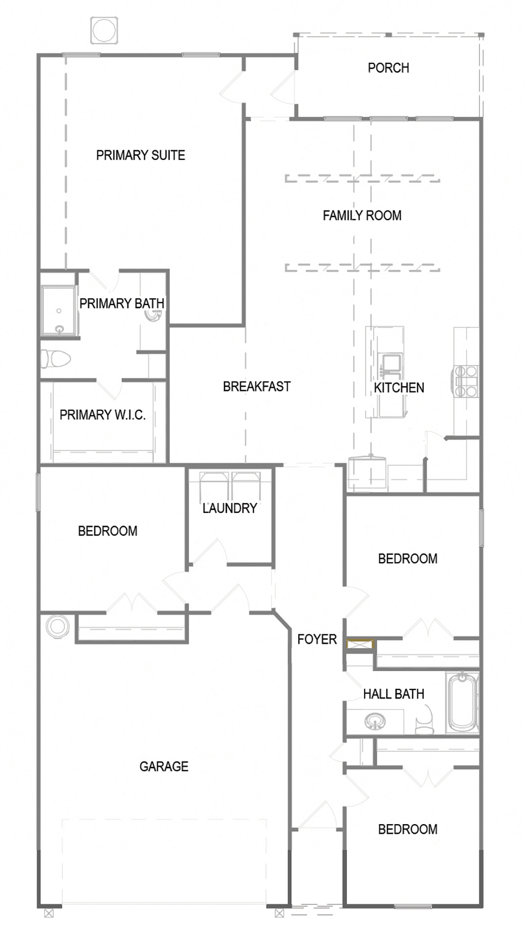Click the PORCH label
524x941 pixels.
pos(388,68)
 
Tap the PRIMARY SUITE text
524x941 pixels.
pos(140,155)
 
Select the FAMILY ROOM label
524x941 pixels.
pos(362,215)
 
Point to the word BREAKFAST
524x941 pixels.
pos(257,387)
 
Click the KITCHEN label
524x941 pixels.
pos(399,388)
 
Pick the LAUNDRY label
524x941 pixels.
pos(230,508)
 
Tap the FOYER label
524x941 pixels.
pos(317,639)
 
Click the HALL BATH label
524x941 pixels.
pos(394,694)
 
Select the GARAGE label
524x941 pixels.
pos(163,767)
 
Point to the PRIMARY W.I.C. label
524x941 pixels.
pos(103,415)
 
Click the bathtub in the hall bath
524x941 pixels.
pos(463,703)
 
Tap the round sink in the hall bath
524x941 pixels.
pos(375,721)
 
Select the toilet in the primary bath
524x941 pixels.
pos(56,359)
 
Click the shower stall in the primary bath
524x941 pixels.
pos(59,311)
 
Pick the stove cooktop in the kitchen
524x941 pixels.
pos(465,380)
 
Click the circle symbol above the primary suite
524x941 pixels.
pos(104,30)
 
